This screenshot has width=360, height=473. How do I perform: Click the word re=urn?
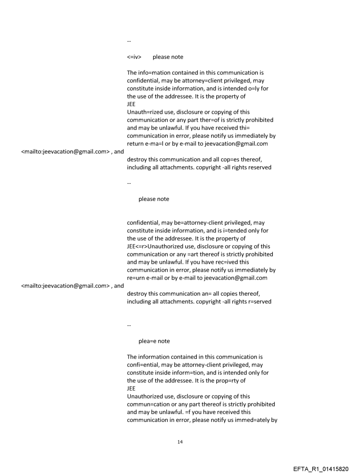pos(137,278)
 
